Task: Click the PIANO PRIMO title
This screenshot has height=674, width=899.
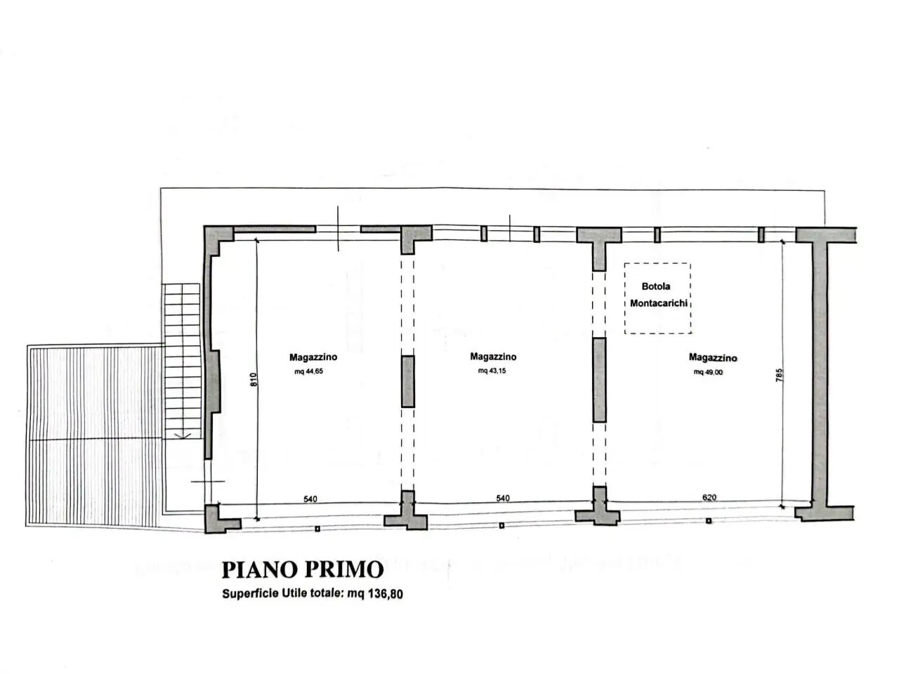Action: tap(302, 569)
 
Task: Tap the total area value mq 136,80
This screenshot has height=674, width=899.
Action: tap(375, 594)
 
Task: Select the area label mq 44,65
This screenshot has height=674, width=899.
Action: tap(308, 371)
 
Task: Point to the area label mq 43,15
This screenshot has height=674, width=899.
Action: tap(492, 371)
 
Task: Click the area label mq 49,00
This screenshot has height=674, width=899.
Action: tap(708, 372)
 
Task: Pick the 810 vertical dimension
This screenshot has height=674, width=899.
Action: tap(254, 379)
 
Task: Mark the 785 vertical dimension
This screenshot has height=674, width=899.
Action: tap(779, 375)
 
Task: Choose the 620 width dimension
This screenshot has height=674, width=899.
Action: tap(709, 497)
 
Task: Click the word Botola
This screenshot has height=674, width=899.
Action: tap(655, 286)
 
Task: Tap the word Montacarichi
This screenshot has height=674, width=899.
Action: tap(658, 303)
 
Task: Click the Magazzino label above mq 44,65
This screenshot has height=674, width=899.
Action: tap(313, 357)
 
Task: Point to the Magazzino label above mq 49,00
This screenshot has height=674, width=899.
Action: tap(713, 357)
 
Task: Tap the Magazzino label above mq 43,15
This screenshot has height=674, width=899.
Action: tap(493, 357)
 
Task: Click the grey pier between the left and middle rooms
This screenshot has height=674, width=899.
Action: tap(407, 381)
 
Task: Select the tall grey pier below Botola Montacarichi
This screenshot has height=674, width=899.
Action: tap(599, 380)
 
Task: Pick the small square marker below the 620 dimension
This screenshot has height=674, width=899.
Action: tap(708, 521)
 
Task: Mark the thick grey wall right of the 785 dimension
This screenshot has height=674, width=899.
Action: tap(820, 374)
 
